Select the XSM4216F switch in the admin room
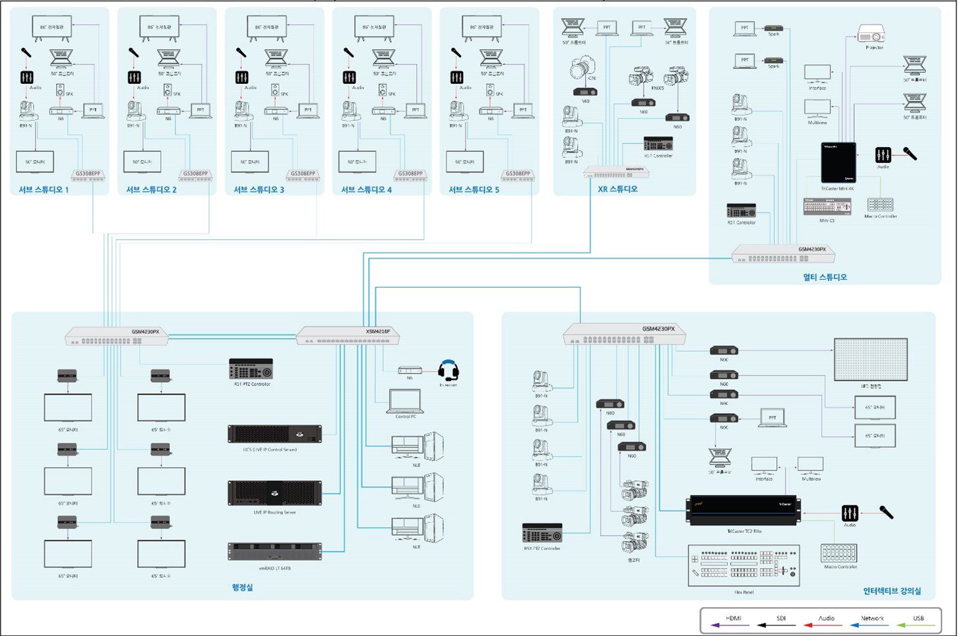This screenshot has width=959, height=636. [x=348, y=336]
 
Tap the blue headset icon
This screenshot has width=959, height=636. [x=449, y=371]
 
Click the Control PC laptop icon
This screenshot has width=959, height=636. [x=405, y=400]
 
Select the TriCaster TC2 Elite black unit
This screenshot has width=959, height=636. [x=743, y=511]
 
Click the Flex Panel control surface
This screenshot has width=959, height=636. [x=743, y=565]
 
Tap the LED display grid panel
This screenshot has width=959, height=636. [x=871, y=359]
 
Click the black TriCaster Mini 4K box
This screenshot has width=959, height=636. [x=838, y=162]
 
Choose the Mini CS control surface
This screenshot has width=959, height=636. [x=827, y=207]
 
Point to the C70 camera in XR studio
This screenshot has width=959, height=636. [x=583, y=68]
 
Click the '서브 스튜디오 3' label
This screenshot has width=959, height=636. [x=259, y=190]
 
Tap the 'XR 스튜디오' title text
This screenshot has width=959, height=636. [x=617, y=189]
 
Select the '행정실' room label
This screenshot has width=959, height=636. [x=242, y=587]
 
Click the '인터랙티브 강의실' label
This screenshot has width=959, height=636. [x=892, y=591]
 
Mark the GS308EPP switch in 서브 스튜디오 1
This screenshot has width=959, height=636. [x=88, y=175]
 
